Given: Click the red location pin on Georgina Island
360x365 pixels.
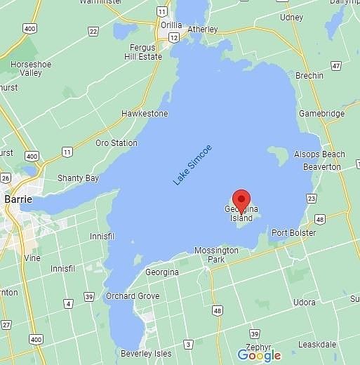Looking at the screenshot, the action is (241, 200).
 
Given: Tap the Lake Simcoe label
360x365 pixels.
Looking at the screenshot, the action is (193, 165).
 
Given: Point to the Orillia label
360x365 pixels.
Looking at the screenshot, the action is (172, 23).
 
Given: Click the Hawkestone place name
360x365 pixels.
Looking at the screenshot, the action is (145, 113).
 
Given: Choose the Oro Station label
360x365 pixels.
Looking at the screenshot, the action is (116, 142).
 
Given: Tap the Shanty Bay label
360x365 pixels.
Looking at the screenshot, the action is (78, 178).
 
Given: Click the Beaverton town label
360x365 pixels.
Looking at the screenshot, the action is (321, 167).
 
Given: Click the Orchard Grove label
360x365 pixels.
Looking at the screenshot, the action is (133, 296).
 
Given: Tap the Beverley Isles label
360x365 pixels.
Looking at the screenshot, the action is (145, 353).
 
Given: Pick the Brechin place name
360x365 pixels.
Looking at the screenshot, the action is (309, 75).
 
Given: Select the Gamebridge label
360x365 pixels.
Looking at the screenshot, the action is (321, 113).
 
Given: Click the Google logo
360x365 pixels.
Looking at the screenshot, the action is (258, 355).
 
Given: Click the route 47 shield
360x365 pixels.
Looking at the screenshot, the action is (336, 66).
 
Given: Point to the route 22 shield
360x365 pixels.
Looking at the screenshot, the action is (93, 31).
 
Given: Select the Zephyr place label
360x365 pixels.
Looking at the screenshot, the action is (259, 345).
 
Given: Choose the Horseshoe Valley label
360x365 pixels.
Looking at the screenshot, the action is (31, 68).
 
